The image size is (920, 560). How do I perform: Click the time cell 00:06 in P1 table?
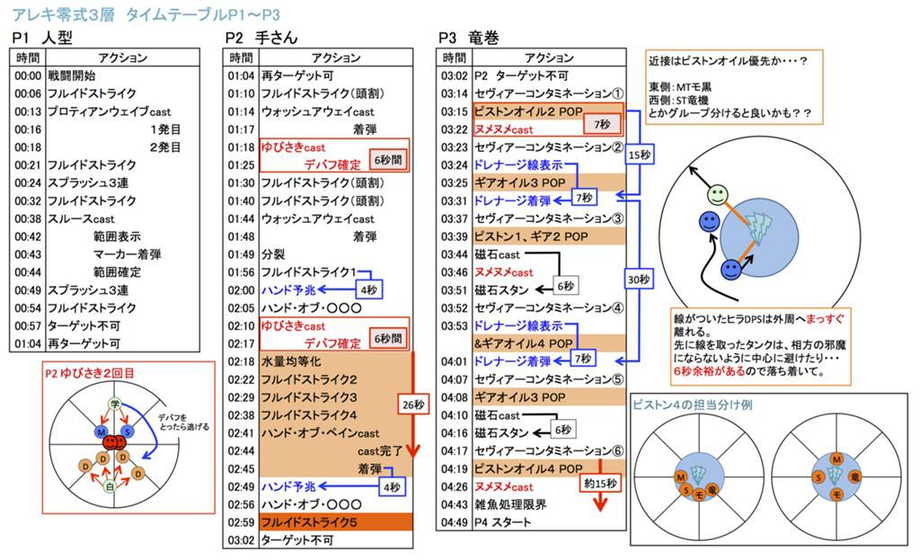point(29,93)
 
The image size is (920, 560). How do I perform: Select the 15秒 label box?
point(639,155)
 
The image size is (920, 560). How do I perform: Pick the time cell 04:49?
point(454,522)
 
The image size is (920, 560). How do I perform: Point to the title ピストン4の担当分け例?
point(693,404)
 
